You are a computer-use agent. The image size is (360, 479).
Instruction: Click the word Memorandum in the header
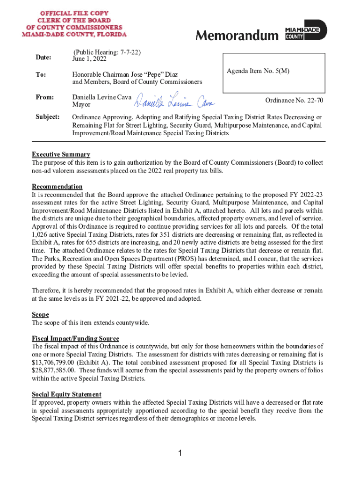[x=236, y=36]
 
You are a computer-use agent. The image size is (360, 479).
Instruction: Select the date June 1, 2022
[x=89, y=59]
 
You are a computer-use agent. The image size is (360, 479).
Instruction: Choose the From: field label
[x=43, y=97]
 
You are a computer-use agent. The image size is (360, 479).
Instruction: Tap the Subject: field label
[x=46, y=116]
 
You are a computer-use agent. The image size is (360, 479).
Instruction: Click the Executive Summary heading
[x=61, y=154]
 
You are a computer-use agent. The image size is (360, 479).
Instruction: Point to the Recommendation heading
[x=57, y=186]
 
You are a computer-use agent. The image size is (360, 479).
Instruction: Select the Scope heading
[x=40, y=315]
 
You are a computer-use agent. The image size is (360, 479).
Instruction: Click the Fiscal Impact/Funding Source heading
[x=75, y=338]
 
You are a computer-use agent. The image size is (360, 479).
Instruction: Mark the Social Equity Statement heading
[x=66, y=394]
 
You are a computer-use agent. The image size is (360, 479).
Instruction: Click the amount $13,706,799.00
[x=56, y=362]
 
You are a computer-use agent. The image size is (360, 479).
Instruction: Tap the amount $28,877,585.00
[x=56, y=370]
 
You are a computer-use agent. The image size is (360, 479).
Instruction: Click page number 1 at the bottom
[x=180, y=453]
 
